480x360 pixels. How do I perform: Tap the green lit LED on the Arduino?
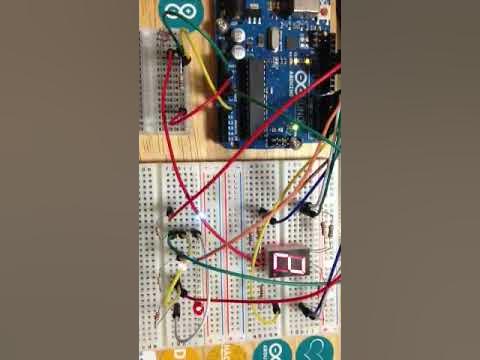[x=296, y=130]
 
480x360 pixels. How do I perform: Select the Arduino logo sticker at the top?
[x=180, y=13]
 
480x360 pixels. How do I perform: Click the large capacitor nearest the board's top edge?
[x=240, y=32]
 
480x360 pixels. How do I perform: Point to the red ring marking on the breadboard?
[x=199, y=308]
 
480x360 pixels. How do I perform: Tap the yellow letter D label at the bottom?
[x=179, y=353]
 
